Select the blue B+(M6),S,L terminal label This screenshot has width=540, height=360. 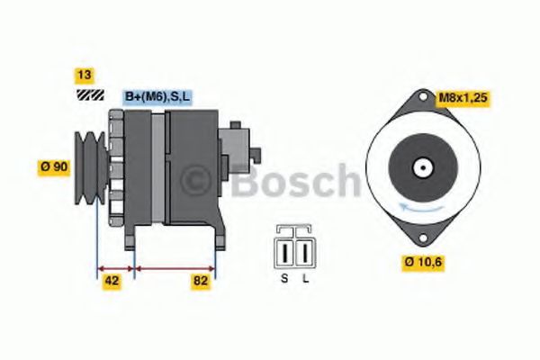tap(157, 95)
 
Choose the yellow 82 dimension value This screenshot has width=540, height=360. tap(201, 281)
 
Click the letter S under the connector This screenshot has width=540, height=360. tap(284, 278)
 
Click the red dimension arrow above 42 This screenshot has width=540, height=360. tap(115, 267)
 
